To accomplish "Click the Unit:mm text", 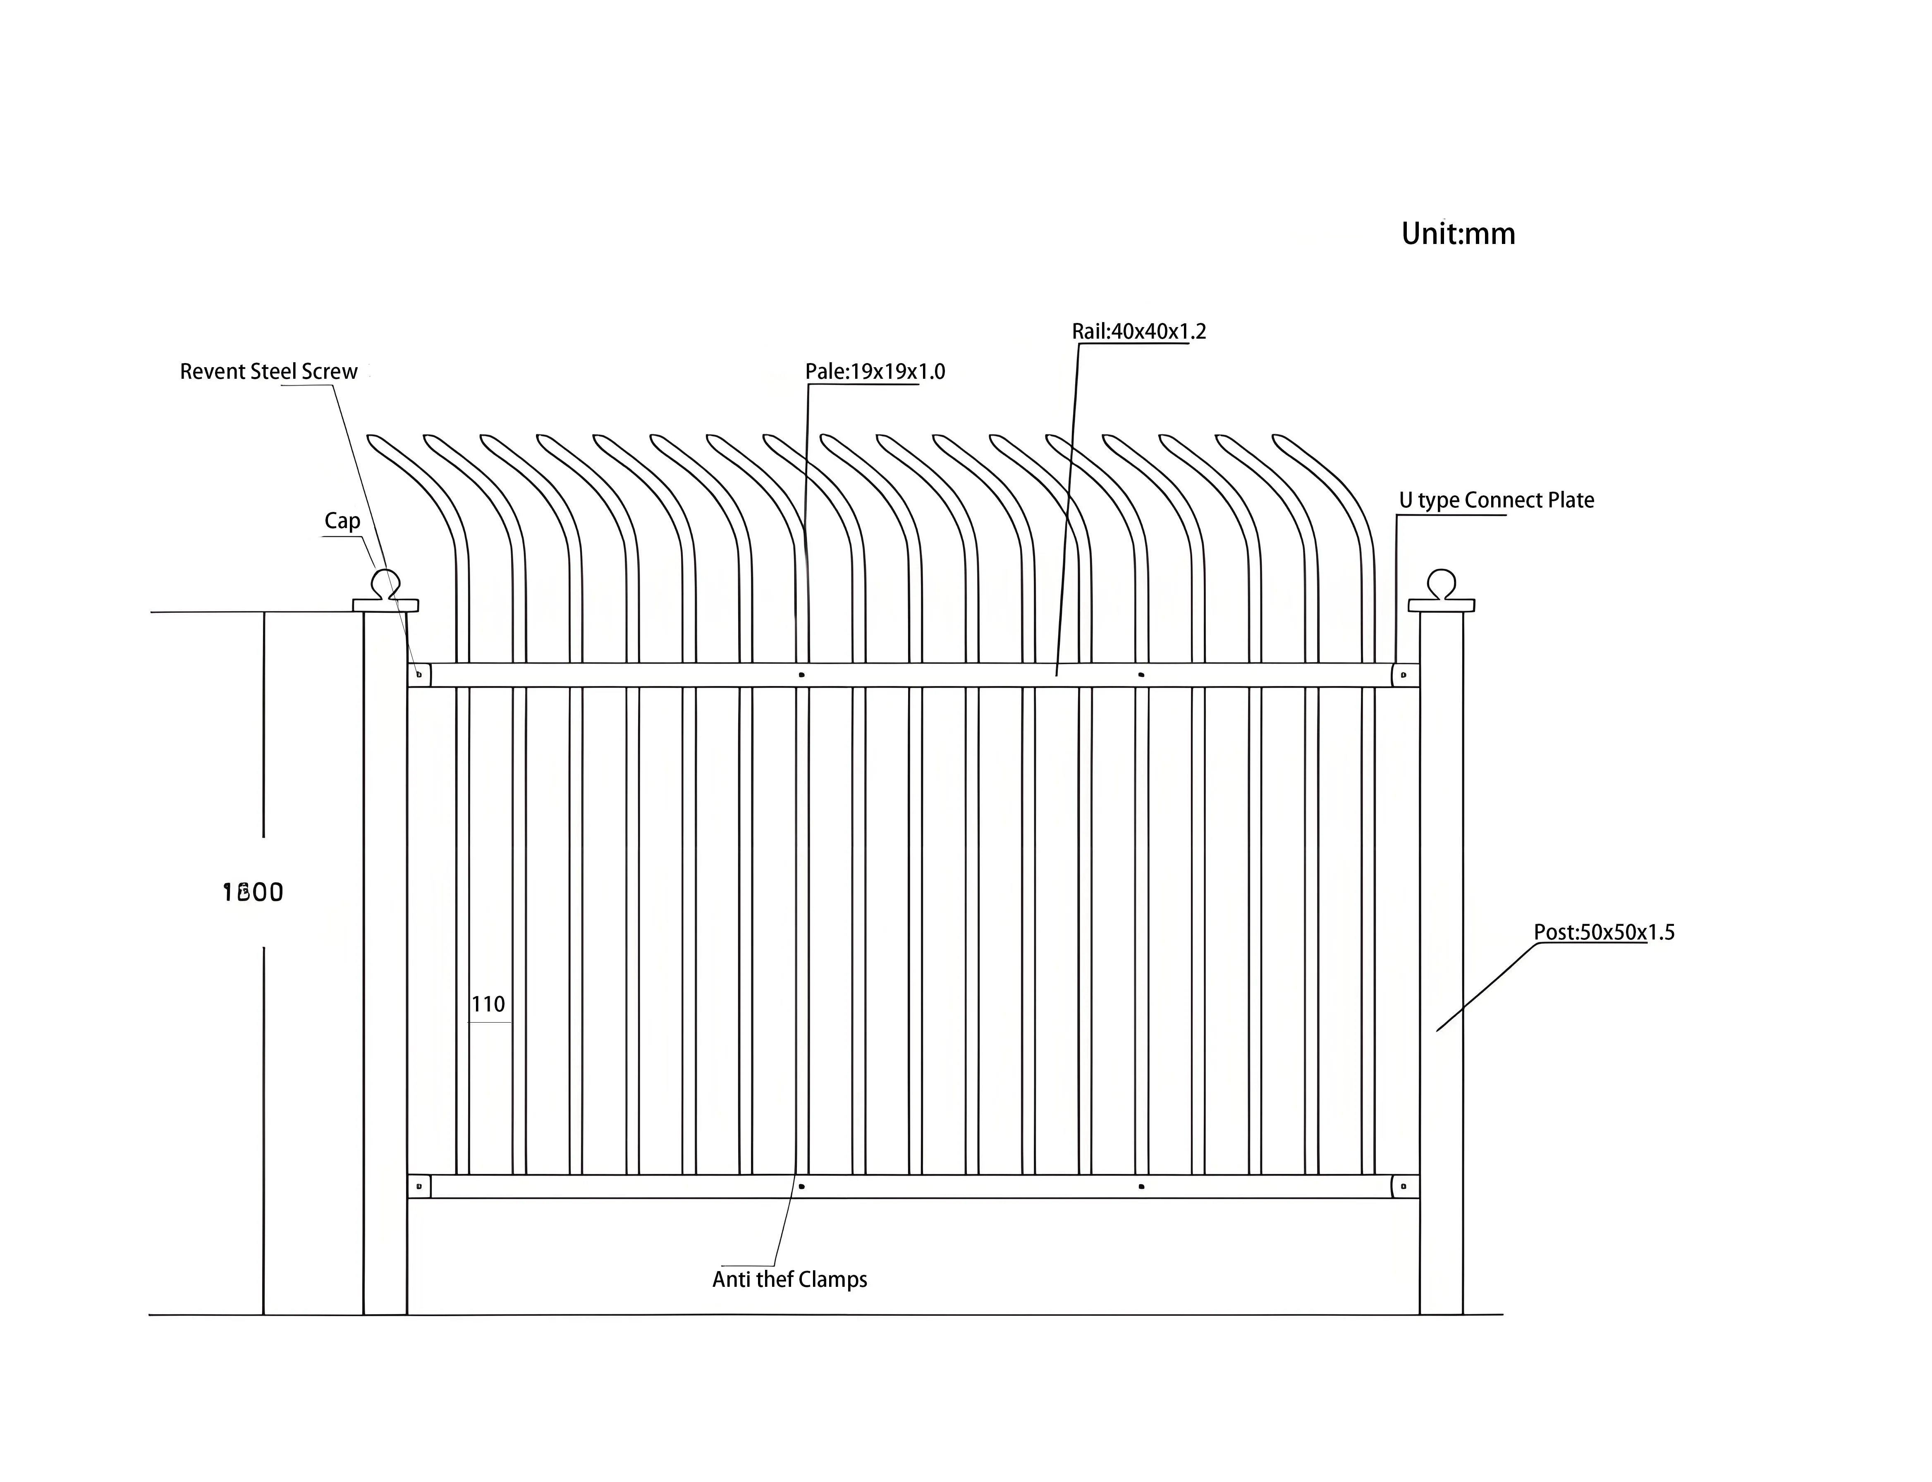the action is [x=1457, y=234].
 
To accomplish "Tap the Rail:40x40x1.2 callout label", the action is [x=1138, y=332].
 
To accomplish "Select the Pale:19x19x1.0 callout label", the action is [x=874, y=371].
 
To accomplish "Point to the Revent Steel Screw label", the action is [x=268, y=371].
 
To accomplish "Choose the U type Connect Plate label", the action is [x=1496, y=500].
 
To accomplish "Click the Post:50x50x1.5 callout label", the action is [x=1603, y=932].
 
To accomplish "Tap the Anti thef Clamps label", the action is [x=789, y=1279].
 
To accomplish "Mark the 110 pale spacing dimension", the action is [x=488, y=1004].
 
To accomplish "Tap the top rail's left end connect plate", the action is [x=419, y=675].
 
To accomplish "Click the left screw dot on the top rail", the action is [x=801, y=675].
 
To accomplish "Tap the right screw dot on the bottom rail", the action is [x=1142, y=1186].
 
